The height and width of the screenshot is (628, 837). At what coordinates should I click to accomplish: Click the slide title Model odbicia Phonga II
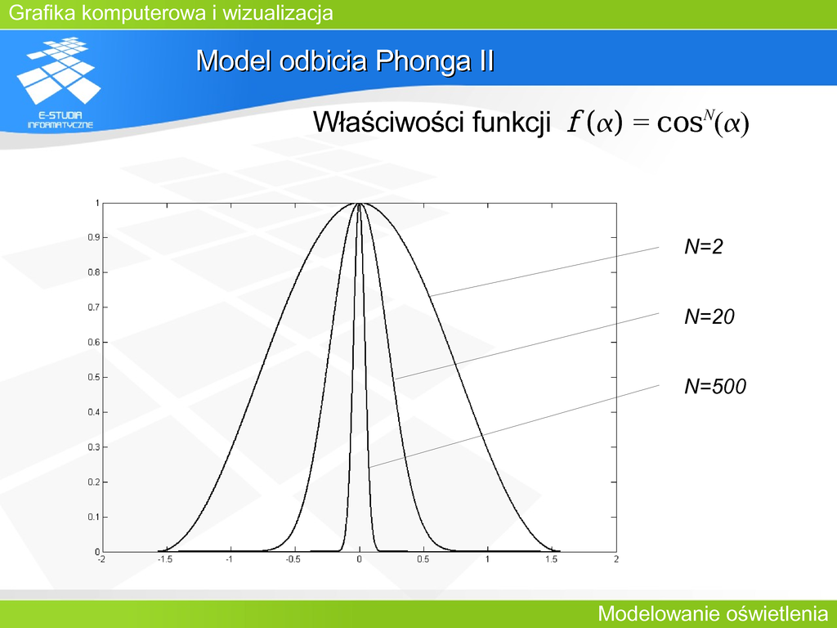point(345,61)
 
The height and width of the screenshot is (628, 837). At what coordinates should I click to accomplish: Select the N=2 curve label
point(704,246)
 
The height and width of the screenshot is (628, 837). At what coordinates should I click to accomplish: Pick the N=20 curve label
point(709,316)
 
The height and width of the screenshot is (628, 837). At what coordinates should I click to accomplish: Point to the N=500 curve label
point(715,386)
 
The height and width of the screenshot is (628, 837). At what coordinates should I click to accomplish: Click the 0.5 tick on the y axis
point(94,378)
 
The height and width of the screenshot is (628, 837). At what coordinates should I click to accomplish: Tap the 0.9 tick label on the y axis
point(94,238)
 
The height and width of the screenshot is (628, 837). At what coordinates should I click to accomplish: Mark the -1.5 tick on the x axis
point(165,559)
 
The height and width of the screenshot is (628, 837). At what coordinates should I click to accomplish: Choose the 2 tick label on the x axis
point(616,559)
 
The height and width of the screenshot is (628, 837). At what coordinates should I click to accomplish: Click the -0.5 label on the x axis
point(293,559)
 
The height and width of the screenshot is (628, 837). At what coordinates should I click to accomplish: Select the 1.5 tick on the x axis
point(552,559)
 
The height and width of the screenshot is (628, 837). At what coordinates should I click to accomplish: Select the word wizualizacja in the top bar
point(278,13)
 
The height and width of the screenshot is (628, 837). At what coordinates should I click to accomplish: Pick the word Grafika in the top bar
point(43,13)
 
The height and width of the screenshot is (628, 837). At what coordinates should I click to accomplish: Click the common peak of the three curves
point(359,204)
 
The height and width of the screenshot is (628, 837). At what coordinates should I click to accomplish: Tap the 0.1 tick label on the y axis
point(94,517)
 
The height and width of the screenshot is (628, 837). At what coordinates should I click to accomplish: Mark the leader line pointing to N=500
point(513,426)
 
